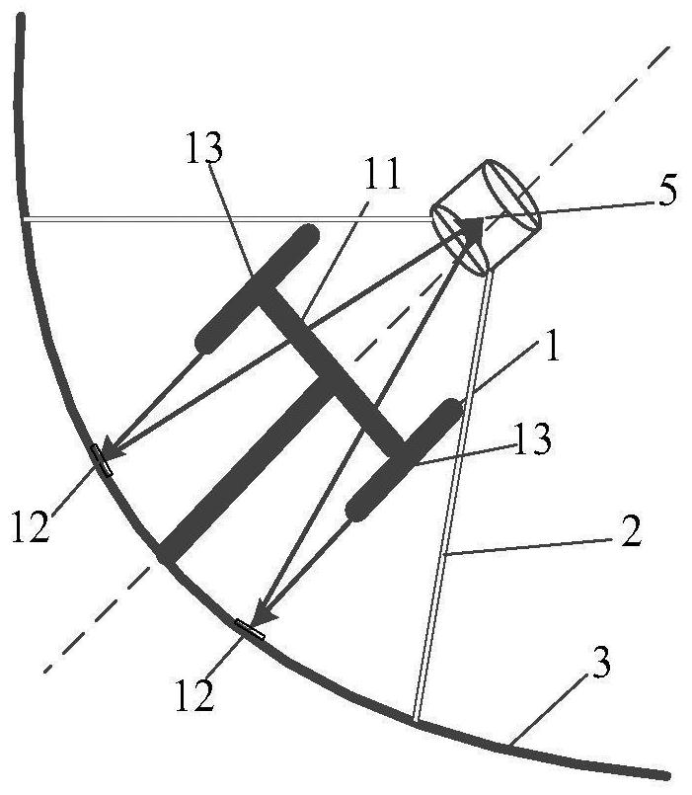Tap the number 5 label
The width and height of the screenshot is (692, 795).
(x=667, y=191)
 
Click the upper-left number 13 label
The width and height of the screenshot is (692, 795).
(x=203, y=148)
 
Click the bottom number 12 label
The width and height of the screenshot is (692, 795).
(x=194, y=697)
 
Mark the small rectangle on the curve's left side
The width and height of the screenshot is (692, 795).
(x=102, y=459)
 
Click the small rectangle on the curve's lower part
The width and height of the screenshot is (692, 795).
(x=249, y=628)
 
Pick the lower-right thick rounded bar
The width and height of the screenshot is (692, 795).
(x=405, y=457)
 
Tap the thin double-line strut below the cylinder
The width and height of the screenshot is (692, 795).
(x=453, y=494)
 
